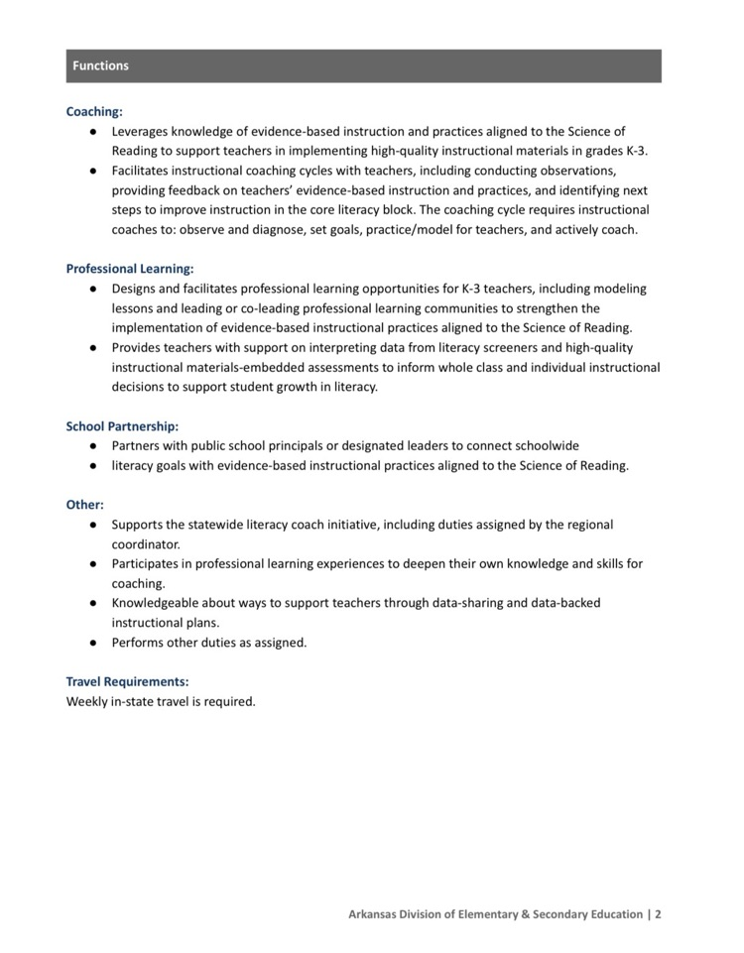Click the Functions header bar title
click(100, 66)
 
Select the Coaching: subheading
click(94, 112)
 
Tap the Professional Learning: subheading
click(130, 269)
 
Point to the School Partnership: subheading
click(122, 426)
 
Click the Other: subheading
click(84, 505)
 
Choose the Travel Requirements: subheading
click(127, 682)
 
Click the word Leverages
click(141, 131)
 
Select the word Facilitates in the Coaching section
click(143, 171)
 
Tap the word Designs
click(134, 289)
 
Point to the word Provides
click(137, 348)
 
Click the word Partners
click(137, 446)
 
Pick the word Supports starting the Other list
click(139, 525)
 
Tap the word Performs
click(139, 643)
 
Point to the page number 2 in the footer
click(658, 914)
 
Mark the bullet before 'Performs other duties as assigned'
click(91, 643)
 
